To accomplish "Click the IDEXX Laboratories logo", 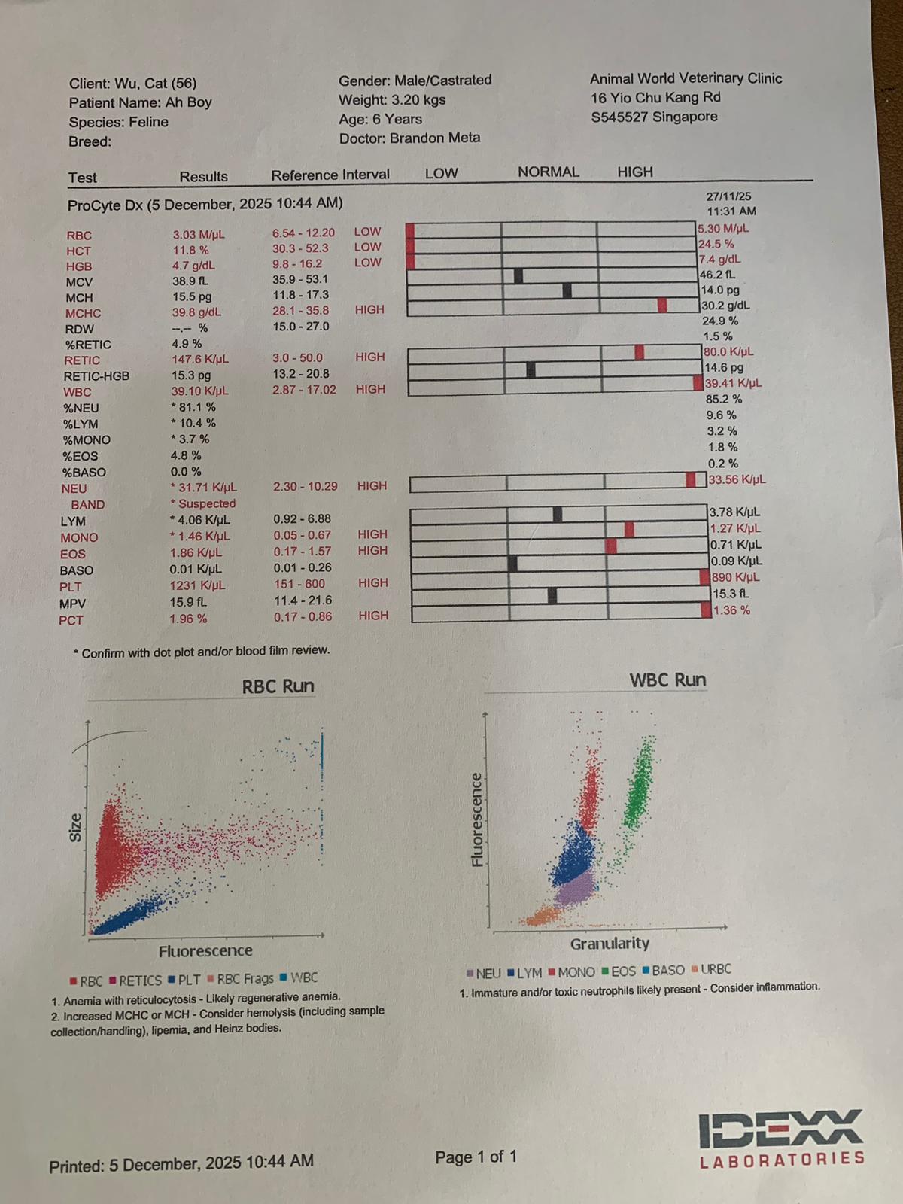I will (x=782, y=1138).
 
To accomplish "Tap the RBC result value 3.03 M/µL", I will (x=199, y=235).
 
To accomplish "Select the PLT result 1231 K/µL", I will (x=197, y=585).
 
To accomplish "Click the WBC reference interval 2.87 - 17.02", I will (x=304, y=390).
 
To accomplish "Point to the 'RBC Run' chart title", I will (x=278, y=686).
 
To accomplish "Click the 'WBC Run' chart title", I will (x=667, y=680).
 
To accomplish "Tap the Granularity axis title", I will (x=610, y=944).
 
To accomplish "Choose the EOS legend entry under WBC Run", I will (x=619, y=972).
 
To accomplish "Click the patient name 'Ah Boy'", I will (x=188, y=102).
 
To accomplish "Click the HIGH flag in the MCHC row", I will (x=369, y=310).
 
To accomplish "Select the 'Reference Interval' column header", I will (x=330, y=175).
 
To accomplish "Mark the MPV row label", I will (x=72, y=604).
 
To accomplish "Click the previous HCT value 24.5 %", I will (x=716, y=244).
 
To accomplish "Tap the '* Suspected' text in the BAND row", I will (x=202, y=504).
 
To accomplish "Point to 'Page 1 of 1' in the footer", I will (x=476, y=1157).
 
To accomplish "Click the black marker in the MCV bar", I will (x=518, y=275).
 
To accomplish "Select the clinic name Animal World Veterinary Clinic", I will (x=686, y=78).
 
